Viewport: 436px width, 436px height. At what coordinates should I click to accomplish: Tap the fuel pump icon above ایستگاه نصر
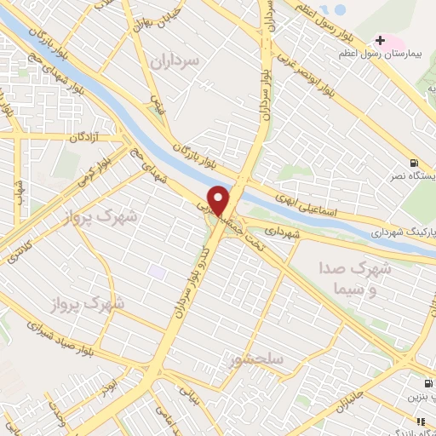pos(414,163)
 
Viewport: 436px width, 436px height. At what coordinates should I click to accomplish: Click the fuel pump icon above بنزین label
pos(428,383)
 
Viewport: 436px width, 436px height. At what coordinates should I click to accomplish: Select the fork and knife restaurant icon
pos(420,421)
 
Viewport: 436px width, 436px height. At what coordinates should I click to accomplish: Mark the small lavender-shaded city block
pos(157,272)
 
